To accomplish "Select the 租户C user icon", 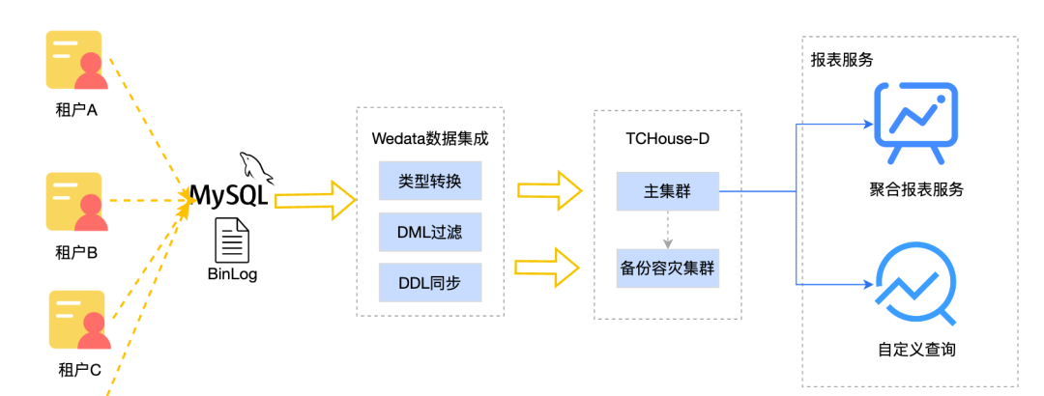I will click(78, 321).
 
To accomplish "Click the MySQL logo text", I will click(228, 195).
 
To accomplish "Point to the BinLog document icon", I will click(233, 240).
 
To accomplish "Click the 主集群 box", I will click(667, 191).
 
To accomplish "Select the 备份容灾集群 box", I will click(667, 268).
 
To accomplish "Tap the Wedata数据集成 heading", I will click(430, 138).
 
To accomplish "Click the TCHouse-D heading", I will click(667, 138).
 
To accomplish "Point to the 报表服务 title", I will click(842, 60).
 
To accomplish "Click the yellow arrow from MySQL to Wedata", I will click(315, 198).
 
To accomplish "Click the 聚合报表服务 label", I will click(915, 189).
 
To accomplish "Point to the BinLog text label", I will click(233, 274).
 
